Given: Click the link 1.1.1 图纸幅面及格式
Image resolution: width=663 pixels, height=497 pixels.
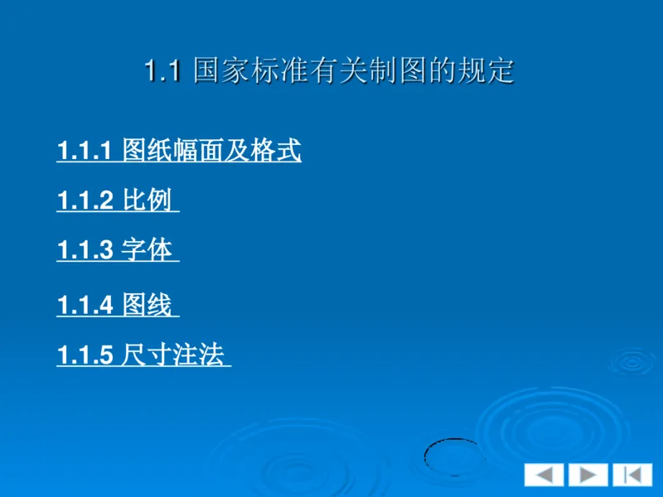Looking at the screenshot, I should pyautogui.click(x=178, y=152).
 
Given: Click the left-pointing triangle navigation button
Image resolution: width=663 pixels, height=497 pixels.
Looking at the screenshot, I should pyautogui.click(x=544, y=475).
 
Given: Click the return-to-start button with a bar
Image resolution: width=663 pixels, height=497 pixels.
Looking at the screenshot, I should pyautogui.click(x=632, y=475).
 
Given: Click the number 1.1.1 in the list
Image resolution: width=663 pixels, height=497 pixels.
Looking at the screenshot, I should pyautogui.click(x=84, y=152).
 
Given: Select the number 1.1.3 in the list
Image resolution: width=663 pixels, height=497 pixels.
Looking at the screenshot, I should pyautogui.click(x=84, y=251).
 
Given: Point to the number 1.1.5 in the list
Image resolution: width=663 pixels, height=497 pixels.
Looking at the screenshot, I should pyautogui.click(x=84, y=357).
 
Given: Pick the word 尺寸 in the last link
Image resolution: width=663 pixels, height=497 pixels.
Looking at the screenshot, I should pyautogui.click(x=146, y=356).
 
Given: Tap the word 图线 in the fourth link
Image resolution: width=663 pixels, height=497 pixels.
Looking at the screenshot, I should pyautogui.click(x=147, y=306).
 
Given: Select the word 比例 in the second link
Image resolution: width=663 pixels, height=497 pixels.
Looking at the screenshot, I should pyautogui.click(x=147, y=201).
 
